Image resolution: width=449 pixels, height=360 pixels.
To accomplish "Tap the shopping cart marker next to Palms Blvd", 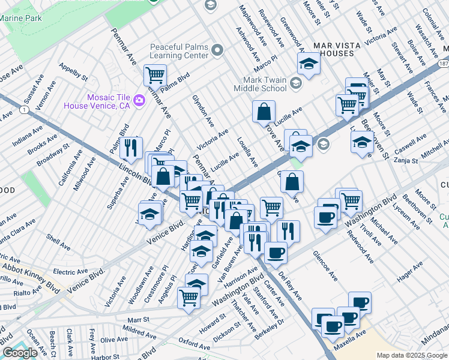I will tap(155, 76).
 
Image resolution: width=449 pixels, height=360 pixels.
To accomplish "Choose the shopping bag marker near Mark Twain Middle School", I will tap(264, 112).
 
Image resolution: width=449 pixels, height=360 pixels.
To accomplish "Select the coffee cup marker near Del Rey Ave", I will tap(276, 253).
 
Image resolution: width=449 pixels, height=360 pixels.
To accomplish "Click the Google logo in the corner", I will tap(20, 353).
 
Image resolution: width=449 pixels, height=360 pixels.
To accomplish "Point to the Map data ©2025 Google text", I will tap(411, 355).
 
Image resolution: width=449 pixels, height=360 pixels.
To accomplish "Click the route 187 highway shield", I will tap(443, 64).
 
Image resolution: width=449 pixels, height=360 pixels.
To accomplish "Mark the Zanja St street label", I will tap(405, 161).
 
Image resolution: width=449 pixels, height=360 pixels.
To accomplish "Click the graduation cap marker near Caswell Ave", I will tap(362, 142).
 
